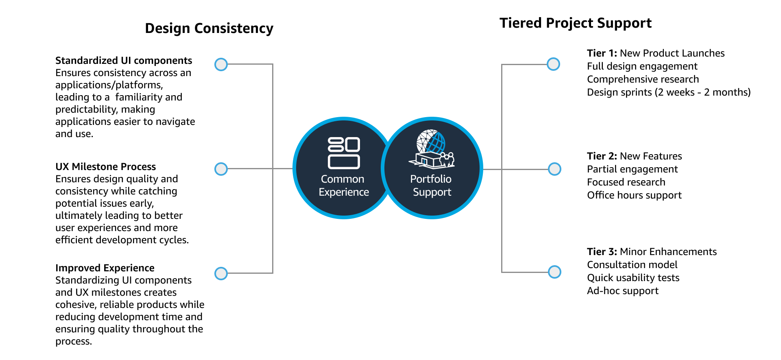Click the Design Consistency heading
tap(209, 28)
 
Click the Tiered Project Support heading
tap(575, 23)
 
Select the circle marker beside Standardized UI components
tap(221, 64)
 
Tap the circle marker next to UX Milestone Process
tap(221, 169)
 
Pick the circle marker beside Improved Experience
tap(221, 273)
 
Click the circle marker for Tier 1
tap(553, 64)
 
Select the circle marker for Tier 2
tap(554, 169)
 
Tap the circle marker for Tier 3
tap(554, 272)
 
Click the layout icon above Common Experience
tap(344, 153)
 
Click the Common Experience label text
tap(343, 185)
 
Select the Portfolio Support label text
tap(432, 185)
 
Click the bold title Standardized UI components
tap(124, 61)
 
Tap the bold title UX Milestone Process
tap(106, 167)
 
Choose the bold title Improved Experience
tap(105, 268)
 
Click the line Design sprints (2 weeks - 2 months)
tap(668, 92)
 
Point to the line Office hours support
tap(634, 195)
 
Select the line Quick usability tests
tap(633, 278)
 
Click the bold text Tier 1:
tap(602, 53)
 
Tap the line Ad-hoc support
tap(622, 291)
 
